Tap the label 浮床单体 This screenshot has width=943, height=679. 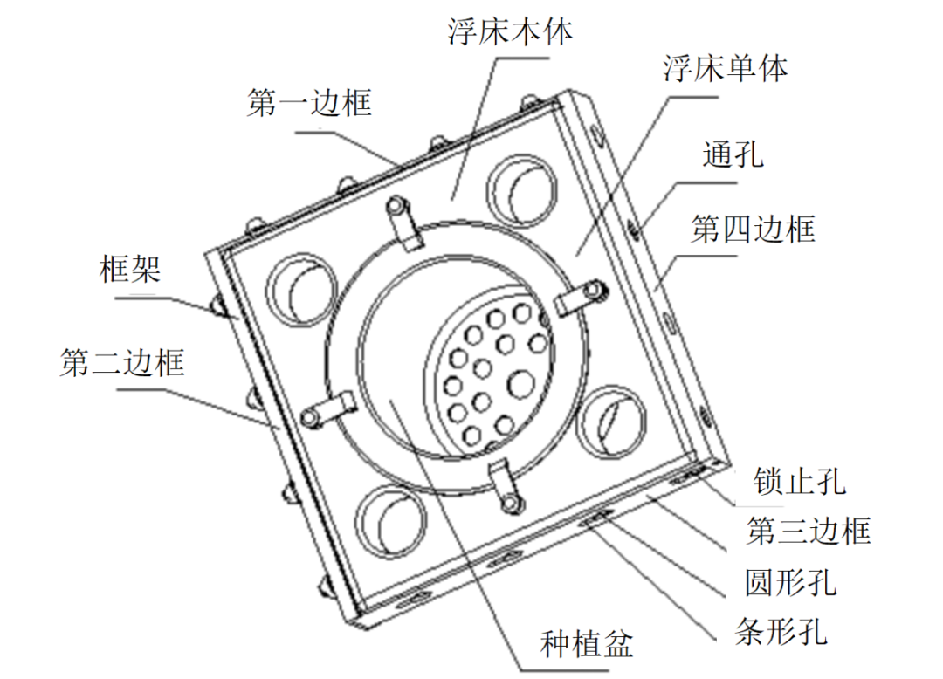pyautogui.click(x=725, y=69)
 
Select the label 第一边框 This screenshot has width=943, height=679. pyautogui.click(x=310, y=104)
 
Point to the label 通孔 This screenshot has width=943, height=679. pyautogui.click(x=733, y=155)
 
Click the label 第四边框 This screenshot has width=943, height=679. pyautogui.click(x=753, y=230)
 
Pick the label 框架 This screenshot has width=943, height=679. pyautogui.click(x=130, y=271)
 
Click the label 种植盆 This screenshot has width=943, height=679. pyautogui.click(x=587, y=645)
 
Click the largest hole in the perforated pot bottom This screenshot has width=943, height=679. pyautogui.click(x=522, y=384)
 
